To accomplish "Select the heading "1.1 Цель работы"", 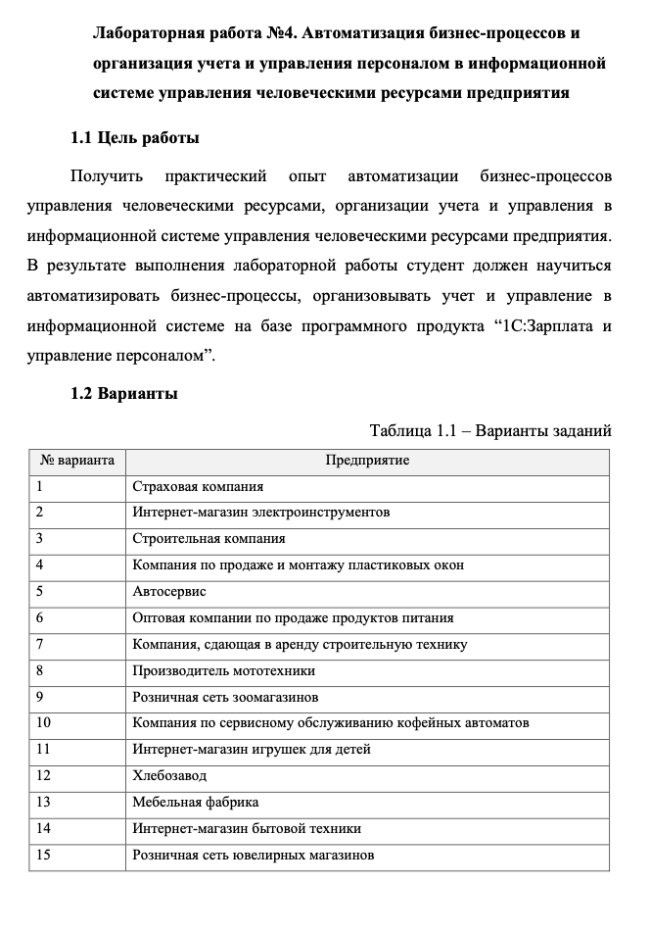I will point(136,137).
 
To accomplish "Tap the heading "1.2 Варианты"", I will point(124,394).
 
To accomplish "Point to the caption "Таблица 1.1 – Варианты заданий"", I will point(490,430).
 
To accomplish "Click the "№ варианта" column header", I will point(77,460).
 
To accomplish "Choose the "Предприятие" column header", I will point(368,460).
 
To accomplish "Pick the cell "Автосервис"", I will point(169,591).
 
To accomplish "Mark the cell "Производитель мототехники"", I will point(223,670).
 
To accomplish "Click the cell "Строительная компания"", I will point(209,538).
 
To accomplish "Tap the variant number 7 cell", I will point(40,644).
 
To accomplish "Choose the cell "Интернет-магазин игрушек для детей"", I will point(252,749).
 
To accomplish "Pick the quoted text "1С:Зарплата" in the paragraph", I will point(534,324).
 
